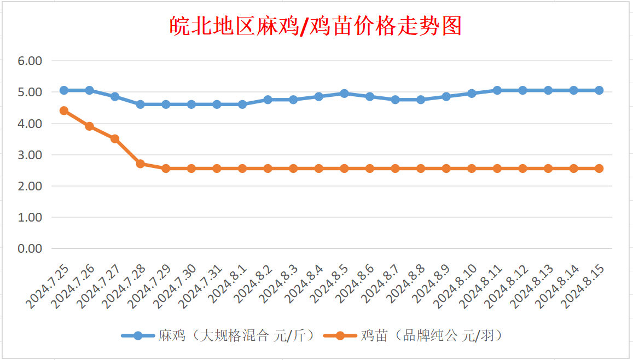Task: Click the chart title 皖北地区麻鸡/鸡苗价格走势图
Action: [316, 26]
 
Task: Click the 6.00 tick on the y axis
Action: [30, 61]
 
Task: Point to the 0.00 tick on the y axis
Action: [30, 248]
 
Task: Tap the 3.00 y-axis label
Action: [30, 155]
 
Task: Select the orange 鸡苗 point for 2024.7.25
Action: [64, 111]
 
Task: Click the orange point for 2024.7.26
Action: [89, 126]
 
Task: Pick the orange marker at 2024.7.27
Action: [115, 138]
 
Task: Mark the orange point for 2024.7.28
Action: [140, 164]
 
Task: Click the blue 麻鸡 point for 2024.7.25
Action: [64, 90]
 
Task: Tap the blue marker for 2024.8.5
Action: [344, 94]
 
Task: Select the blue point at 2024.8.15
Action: [599, 90]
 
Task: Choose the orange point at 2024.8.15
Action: [599, 169]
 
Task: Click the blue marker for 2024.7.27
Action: [115, 96]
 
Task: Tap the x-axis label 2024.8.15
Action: [584, 286]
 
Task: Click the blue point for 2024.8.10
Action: [472, 94]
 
